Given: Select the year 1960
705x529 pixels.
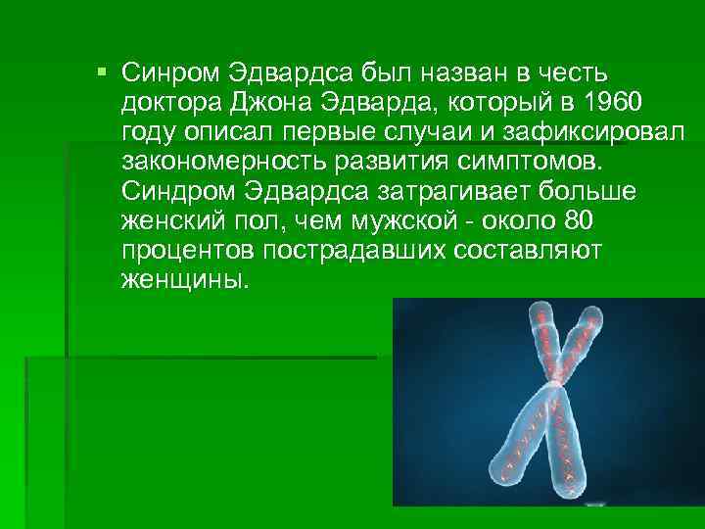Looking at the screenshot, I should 612,103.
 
